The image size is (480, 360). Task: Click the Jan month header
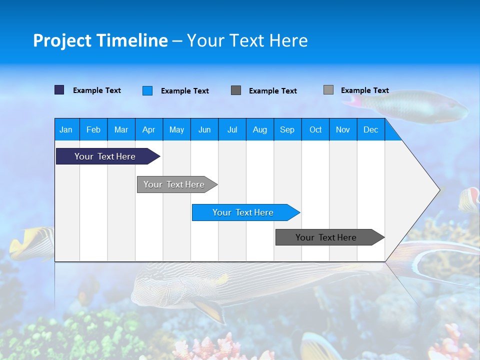[66, 129]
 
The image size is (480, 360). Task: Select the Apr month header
[148, 129]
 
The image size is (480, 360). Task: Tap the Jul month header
[232, 129]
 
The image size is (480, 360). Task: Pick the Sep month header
[287, 129]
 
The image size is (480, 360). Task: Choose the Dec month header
[370, 129]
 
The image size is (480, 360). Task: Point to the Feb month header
[93, 129]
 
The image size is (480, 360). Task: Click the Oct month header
[315, 129]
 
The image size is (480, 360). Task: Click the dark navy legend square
[59, 90]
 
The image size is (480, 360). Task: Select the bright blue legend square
[147, 90]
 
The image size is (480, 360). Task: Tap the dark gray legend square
[236, 90]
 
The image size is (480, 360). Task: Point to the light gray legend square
[328, 90]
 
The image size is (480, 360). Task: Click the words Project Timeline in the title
[100, 40]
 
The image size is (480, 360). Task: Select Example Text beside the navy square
[97, 90]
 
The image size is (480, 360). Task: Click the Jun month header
[204, 129]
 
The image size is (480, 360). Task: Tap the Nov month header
[343, 129]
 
